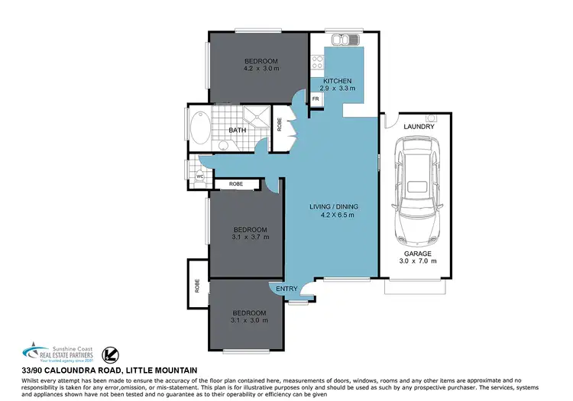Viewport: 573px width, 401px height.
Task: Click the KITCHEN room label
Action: pyautogui.click(x=337, y=81)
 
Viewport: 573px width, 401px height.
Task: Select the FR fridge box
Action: pyautogui.click(x=316, y=99)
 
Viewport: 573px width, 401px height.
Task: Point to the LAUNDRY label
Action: pyautogui.click(x=419, y=126)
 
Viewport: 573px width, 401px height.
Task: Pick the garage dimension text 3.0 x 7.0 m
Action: pyautogui.click(x=418, y=261)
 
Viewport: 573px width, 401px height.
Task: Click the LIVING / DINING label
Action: pyautogui.click(x=333, y=207)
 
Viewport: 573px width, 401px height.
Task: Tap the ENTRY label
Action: pyautogui.click(x=286, y=289)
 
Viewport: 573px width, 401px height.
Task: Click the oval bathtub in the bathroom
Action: pyautogui.click(x=197, y=131)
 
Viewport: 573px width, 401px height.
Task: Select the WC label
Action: pyautogui.click(x=199, y=176)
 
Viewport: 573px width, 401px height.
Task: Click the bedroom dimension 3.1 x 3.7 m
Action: pyautogui.click(x=251, y=238)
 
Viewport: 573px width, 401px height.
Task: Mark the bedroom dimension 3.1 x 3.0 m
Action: pyautogui.click(x=251, y=321)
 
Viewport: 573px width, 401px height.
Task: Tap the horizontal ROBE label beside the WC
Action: pyautogui.click(x=235, y=184)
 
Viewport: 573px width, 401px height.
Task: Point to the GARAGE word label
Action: pyautogui.click(x=418, y=254)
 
